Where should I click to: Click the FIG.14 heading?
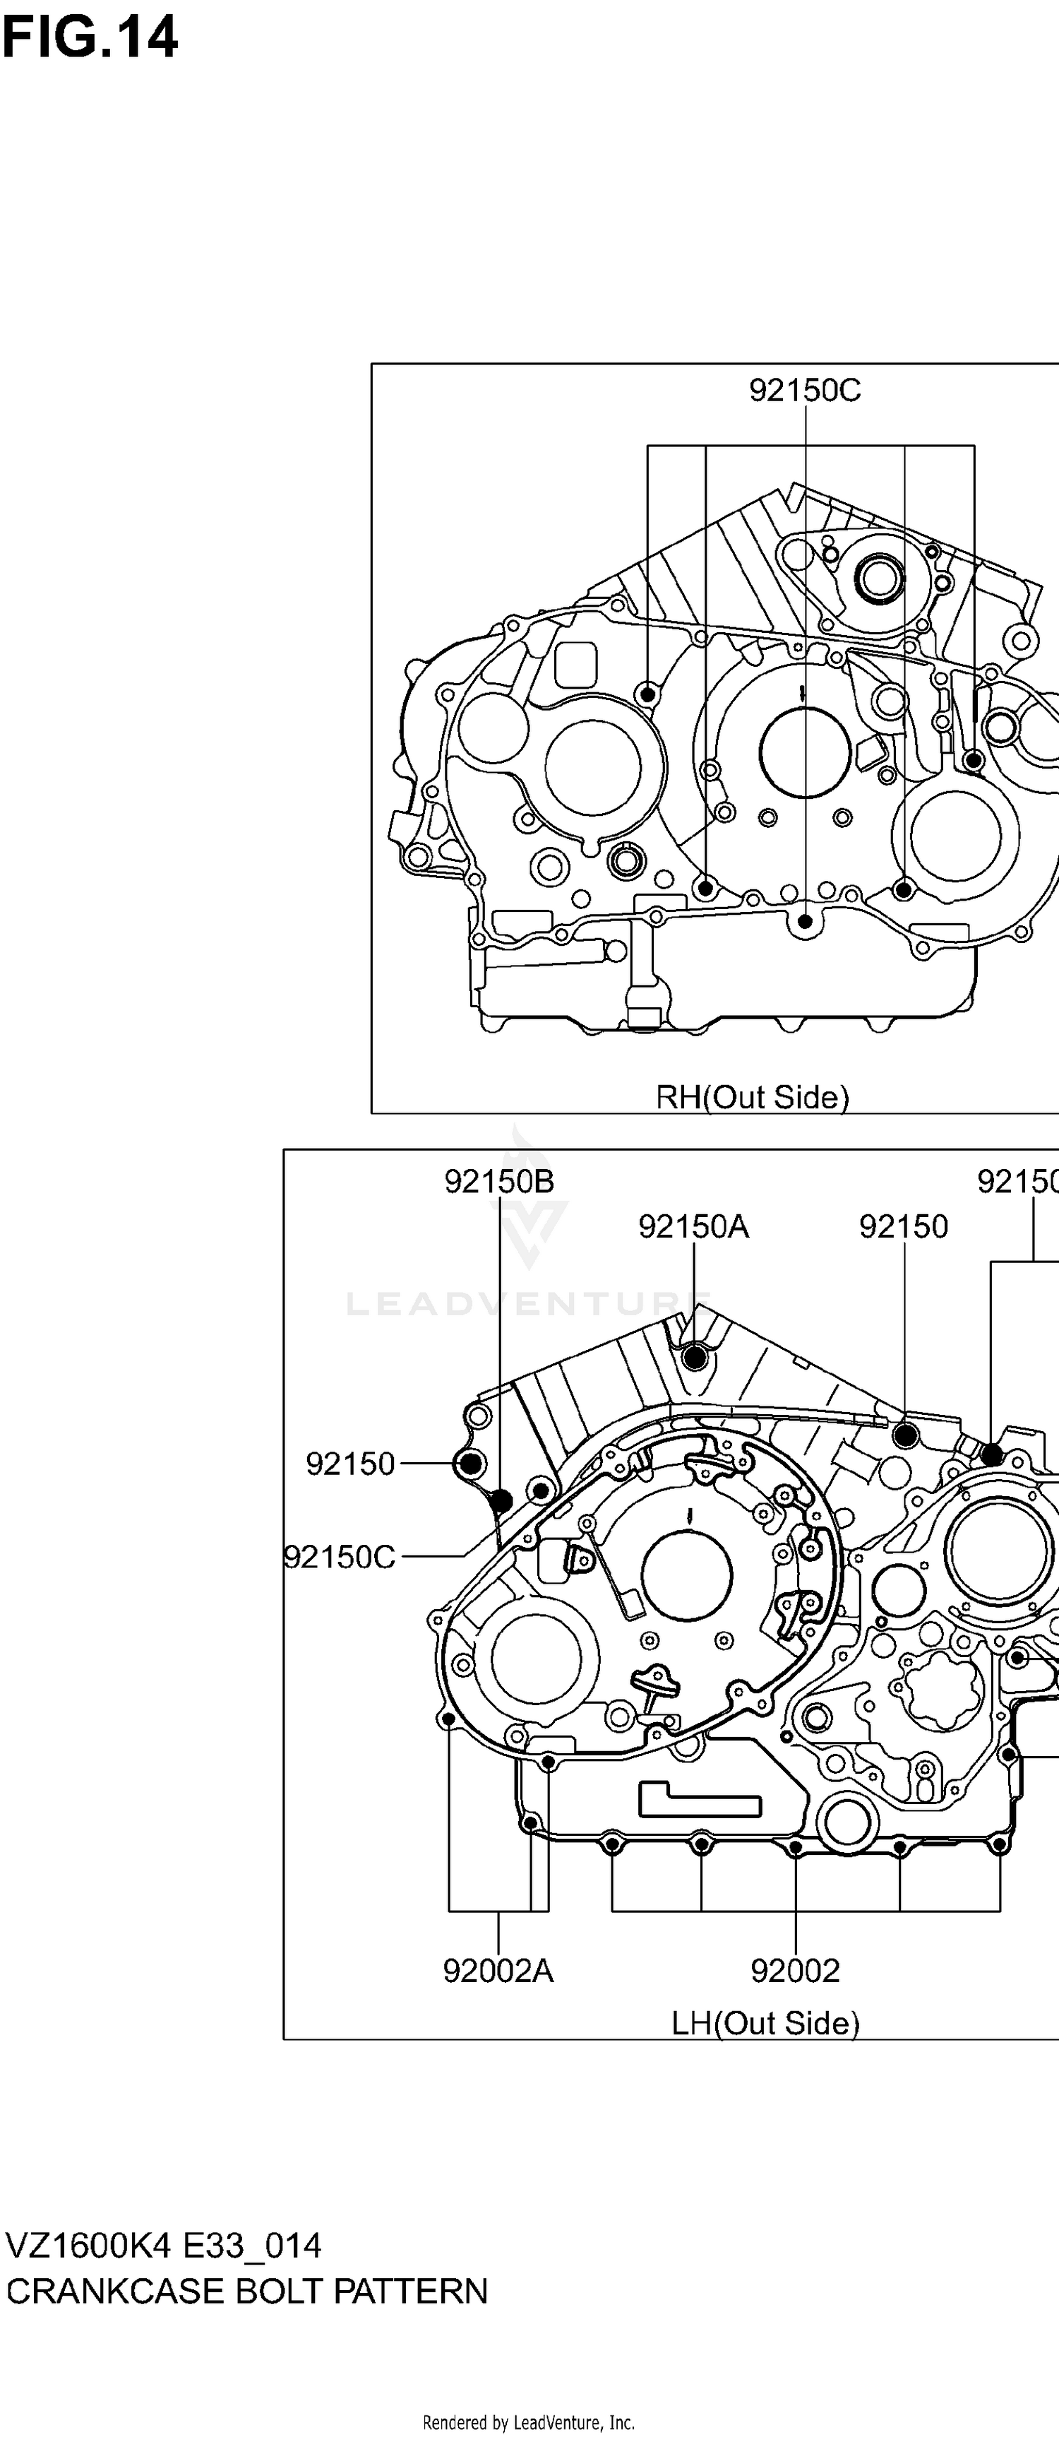pos(90,40)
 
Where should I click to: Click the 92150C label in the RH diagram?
pos(805,390)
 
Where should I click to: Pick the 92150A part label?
pos(693,1226)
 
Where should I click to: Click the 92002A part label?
pos(498,1971)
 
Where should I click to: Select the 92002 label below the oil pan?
pos(795,1971)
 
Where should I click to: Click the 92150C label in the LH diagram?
pos(340,1556)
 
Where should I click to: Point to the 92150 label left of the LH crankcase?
pos(350,1464)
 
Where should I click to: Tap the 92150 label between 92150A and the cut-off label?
pos(903,1226)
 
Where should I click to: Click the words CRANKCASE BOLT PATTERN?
pos(247,2291)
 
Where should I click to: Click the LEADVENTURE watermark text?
pos(529,1304)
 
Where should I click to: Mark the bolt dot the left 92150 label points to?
pos(471,1464)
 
